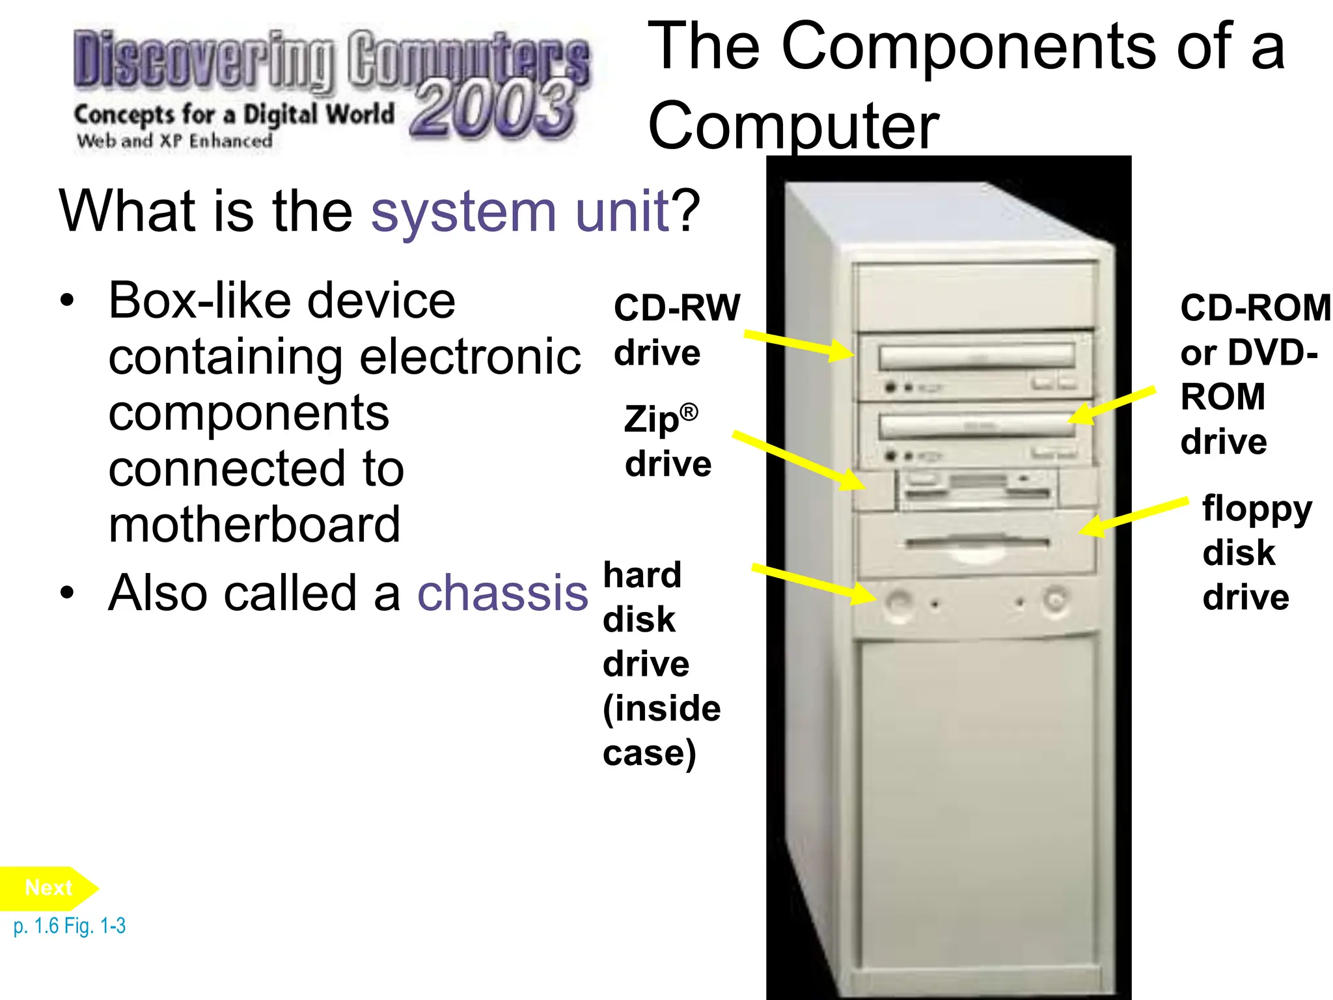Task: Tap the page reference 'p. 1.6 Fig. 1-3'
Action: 69,926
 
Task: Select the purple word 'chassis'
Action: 502,593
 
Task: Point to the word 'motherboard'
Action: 254,525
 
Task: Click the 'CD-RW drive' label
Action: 676,329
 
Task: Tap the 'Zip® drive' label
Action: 667,441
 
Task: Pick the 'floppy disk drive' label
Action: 1256,552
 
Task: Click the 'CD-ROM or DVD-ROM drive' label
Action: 1255,374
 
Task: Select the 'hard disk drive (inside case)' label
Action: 661,664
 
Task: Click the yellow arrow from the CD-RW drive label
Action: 799,344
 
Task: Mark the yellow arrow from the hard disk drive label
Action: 814,583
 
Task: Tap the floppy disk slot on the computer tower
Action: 977,542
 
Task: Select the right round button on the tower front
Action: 1054,598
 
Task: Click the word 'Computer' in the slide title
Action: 793,125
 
